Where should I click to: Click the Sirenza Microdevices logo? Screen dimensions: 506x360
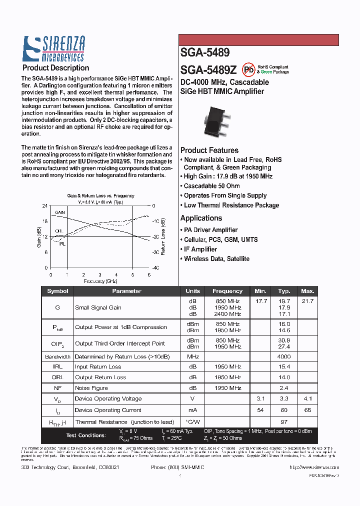pos(54,49)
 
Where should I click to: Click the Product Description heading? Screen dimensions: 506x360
pos(55,68)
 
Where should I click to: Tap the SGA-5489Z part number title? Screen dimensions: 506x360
pos(208,69)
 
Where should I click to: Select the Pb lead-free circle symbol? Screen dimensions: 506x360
pos(248,69)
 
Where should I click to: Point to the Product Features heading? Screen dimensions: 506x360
pos(209,150)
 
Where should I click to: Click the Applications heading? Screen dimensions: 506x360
pos(201,218)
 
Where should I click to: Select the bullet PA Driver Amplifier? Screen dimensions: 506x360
pos(210,230)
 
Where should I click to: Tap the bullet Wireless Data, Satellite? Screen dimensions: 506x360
pos(216,259)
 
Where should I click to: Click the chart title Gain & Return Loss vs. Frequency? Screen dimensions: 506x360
pos(100,196)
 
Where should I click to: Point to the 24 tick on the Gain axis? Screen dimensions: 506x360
pos(45,206)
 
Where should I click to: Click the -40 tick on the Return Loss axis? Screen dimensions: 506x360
pos(155,268)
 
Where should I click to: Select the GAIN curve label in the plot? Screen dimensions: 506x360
pos(60,212)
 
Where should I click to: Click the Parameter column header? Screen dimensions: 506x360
pos(126,291)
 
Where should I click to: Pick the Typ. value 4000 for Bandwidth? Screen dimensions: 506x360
pos(284,357)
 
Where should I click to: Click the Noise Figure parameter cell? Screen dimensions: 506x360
pos(91,388)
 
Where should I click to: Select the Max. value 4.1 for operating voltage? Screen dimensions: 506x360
pos(307,399)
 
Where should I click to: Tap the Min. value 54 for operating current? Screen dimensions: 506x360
pos(260,410)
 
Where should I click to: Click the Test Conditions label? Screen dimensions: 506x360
pos(85,435)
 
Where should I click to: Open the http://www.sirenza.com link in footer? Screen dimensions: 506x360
pos(314,467)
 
